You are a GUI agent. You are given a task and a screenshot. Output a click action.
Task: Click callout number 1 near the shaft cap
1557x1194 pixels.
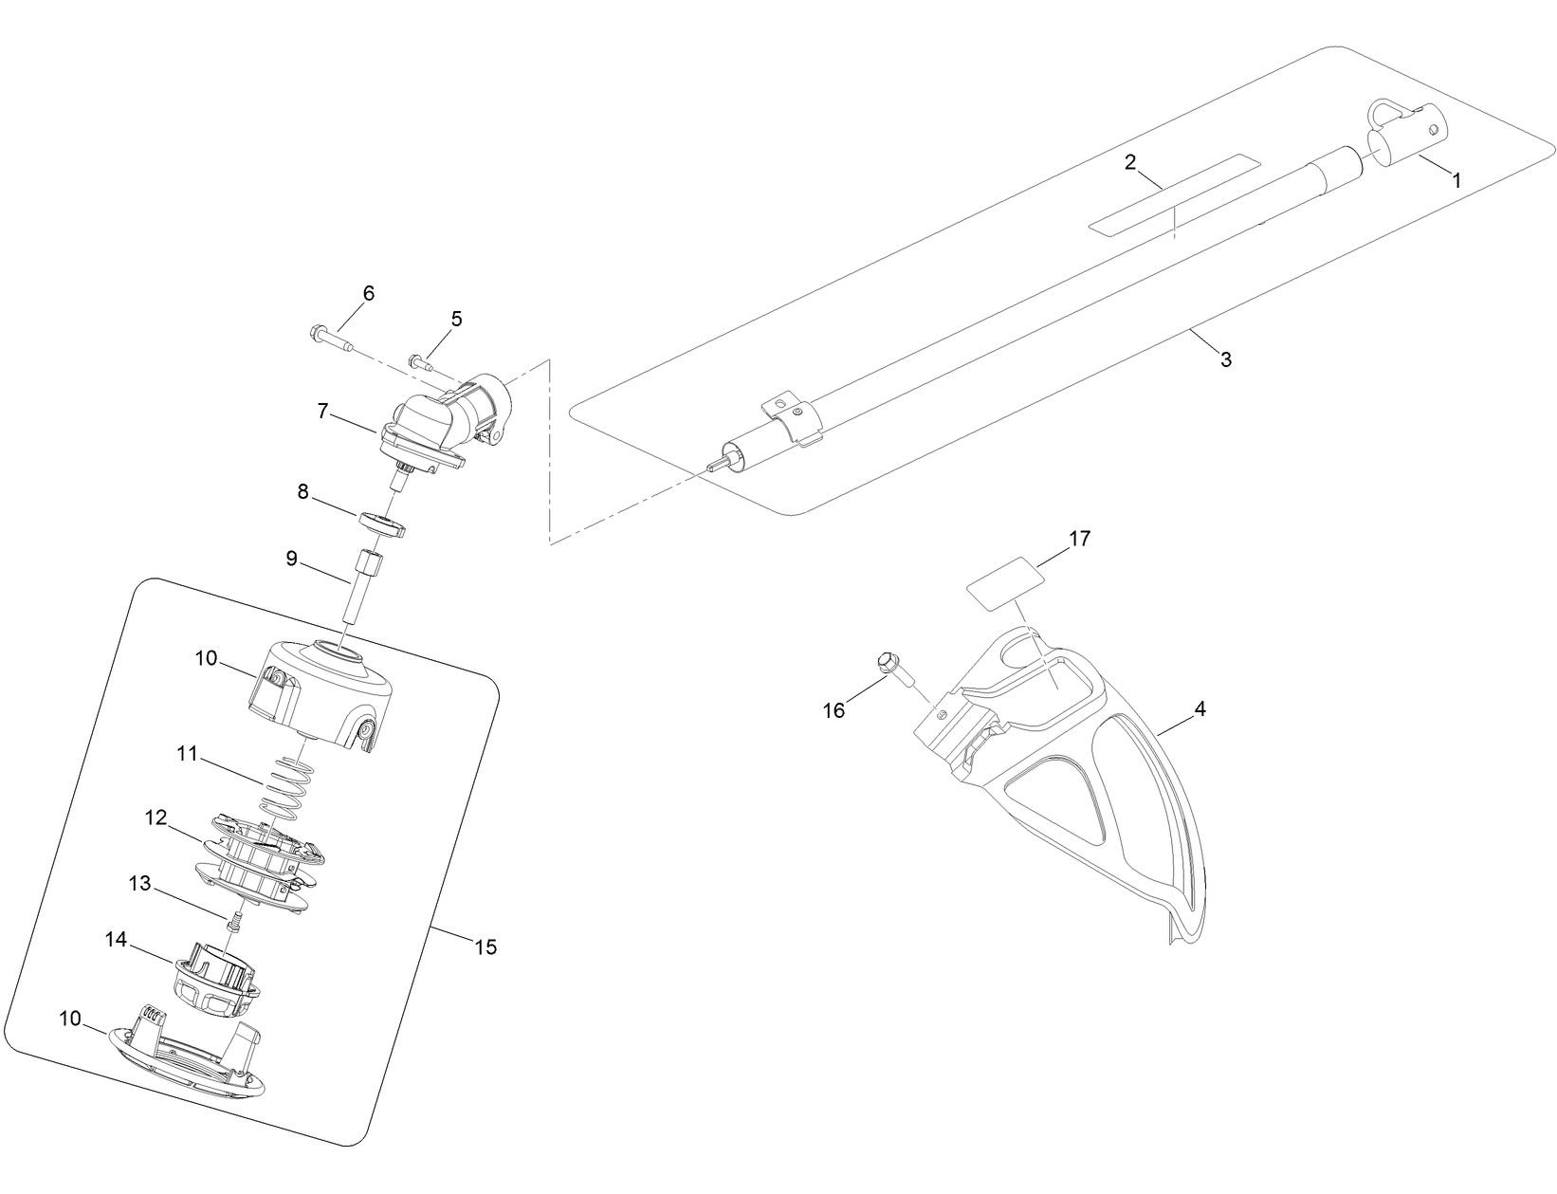pyautogui.click(x=1457, y=179)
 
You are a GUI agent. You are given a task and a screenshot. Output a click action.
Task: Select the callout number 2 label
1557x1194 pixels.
pyautogui.click(x=1129, y=162)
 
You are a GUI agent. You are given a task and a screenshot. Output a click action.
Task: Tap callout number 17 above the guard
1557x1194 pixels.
pyautogui.click(x=1079, y=539)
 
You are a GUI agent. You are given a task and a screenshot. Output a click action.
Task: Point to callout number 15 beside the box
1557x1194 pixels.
pyautogui.click(x=485, y=946)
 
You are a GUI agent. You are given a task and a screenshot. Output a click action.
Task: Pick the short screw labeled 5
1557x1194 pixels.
pyautogui.click(x=421, y=362)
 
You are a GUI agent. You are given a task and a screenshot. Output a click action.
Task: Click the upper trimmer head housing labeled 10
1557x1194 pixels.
pyautogui.click(x=322, y=692)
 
